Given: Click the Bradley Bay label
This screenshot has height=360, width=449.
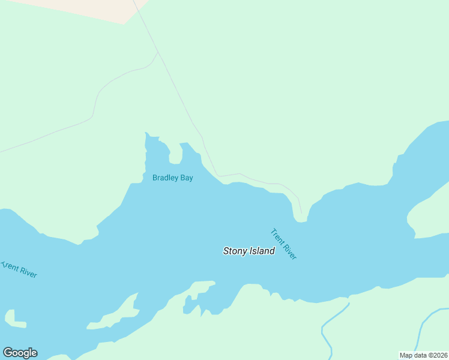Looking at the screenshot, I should [172, 178].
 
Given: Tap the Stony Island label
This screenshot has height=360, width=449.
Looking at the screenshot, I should [249, 251].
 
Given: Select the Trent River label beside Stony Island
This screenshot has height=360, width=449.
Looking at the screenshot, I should [283, 244].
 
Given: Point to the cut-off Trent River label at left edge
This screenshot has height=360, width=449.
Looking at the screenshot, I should [19, 269].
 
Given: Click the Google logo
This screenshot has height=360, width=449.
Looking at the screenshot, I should [20, 353].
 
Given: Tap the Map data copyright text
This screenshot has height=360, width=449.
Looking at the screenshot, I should [423, 355].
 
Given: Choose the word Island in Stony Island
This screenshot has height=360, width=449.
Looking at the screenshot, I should [262, 251].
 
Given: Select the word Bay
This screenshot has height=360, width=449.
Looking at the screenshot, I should [187, 178].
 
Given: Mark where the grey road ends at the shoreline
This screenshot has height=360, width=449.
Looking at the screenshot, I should [302, 213].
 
